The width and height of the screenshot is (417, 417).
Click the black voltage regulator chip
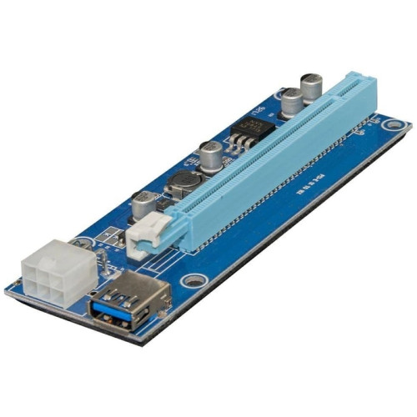[x=256, y=130]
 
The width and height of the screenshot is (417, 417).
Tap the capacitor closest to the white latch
[x=143, y=204]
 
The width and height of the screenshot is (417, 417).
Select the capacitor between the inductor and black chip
[x=210, y=156]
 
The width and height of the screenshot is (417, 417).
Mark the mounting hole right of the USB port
[x=193, y=282]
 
